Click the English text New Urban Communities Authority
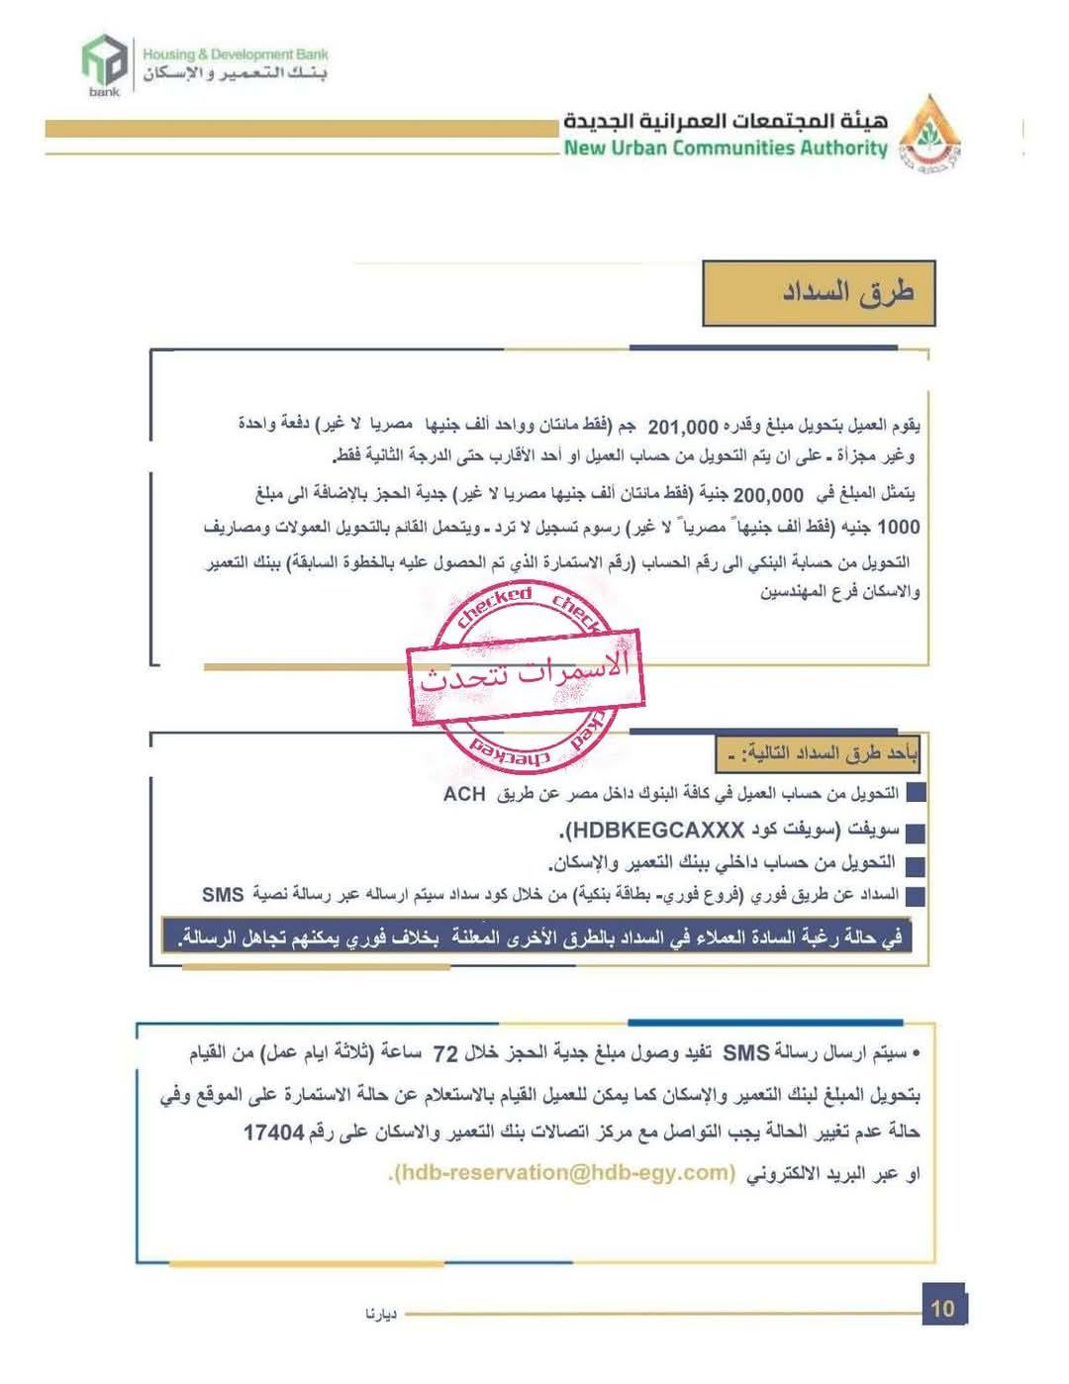(726, 148)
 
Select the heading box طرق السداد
(819, 293)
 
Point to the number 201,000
(682, 429)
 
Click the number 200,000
(768, 495)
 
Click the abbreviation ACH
(464, 794)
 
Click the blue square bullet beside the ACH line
(915, 794)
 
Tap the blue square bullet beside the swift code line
(915, 833)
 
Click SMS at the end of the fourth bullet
(223, 895)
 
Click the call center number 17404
(274, 1132)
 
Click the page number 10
(942, 1309)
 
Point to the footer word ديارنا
(381, 1315)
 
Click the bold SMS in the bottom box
(746, 1054)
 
